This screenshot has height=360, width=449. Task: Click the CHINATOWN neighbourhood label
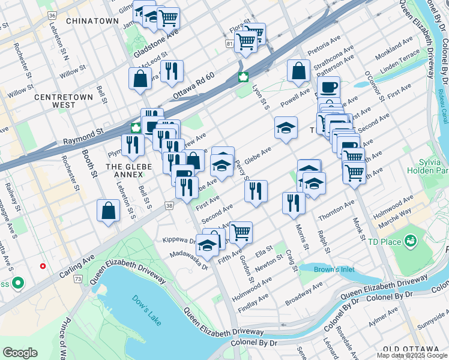coord(92,21)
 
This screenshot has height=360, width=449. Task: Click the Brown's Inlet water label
coord(334,269)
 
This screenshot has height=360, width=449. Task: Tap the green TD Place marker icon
coord(411,241)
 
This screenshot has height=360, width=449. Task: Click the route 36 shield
coord(53,15)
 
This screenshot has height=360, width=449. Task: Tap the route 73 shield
coord(78,280)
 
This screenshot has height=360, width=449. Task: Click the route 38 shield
coord(170,205)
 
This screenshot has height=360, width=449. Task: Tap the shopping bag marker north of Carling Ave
coord(108,210)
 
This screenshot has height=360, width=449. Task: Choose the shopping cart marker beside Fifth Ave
coord(241,231)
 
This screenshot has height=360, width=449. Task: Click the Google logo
coord(20,353)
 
